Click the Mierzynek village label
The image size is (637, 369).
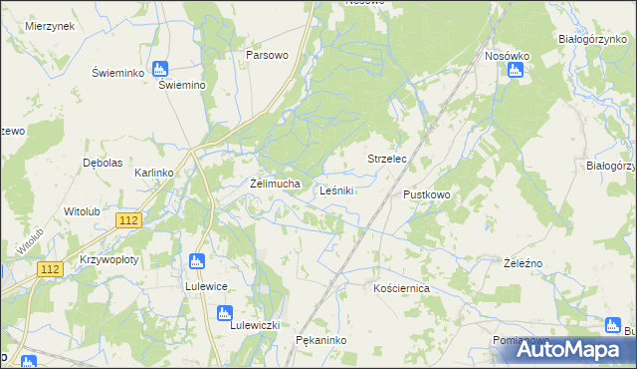tap(51, 26)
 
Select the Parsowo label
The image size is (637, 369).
tap(268, 55)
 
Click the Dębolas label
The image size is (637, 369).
tap(103, 162)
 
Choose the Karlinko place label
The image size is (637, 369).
tap(154, 173)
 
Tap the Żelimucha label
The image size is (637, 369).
tap(275, 184)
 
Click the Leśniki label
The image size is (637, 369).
tap(337, 189)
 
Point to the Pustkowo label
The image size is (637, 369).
tap(427, 194)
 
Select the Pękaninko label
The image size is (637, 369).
tap(320, 341)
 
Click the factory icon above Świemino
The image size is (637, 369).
tap(160, 70)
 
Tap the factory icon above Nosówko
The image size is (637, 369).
tap(516, 70)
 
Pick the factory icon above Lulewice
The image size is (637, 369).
tap(196, 263)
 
